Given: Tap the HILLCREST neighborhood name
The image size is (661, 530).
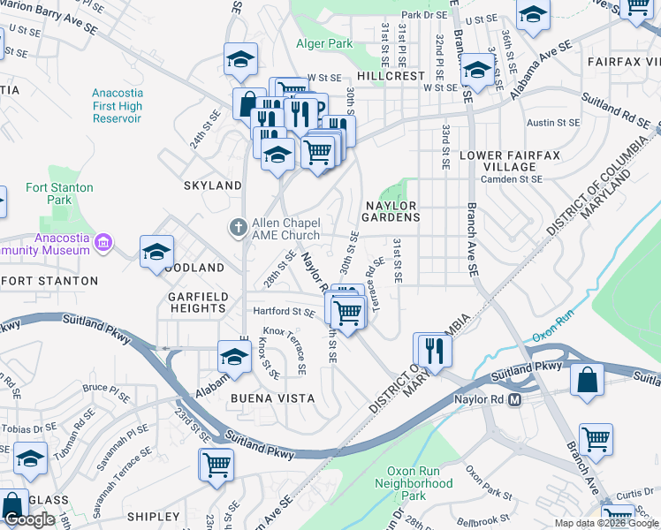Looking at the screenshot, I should pos(391,76).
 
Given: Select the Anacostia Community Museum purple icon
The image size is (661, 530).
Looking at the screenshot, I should pos(103,241).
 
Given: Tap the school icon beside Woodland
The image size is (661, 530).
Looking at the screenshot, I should pos(156,250).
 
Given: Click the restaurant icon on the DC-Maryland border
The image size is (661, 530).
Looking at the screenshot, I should pos(433,349).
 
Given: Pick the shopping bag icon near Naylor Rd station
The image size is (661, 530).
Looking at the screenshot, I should pos(588,381).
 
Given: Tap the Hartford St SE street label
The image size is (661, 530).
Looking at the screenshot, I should pos(284,312).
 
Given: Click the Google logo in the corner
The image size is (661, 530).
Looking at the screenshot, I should pos(29,519).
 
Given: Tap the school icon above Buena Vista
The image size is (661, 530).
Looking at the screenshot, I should pos(234,356).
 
